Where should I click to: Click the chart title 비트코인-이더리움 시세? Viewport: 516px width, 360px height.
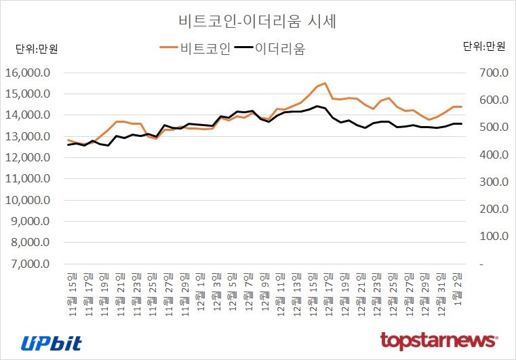coord(257,21)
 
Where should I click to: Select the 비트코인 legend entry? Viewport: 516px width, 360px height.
coord(195,48)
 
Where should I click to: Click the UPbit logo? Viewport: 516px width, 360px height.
coord(52,342)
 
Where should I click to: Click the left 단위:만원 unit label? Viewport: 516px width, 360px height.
coord(37,48)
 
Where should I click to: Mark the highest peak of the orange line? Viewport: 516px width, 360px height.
coord(325,83)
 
